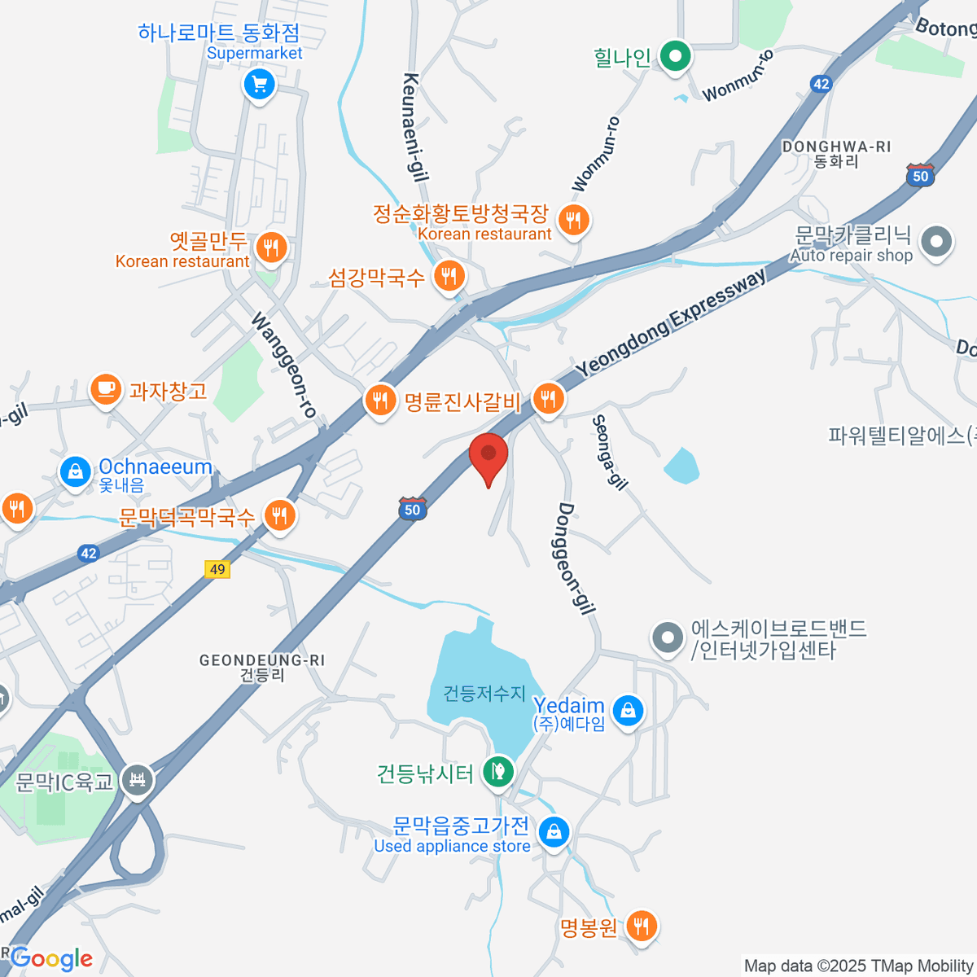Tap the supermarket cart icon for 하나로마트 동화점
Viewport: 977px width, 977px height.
pos(260,84)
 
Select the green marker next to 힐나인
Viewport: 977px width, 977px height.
pos(675,57)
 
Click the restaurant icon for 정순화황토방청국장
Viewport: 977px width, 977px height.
pos(574,220)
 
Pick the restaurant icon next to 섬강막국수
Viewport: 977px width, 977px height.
pos(449,276)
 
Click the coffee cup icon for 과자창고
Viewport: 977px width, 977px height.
pos(106,390)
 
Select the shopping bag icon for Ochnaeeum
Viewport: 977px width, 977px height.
pos(76,471)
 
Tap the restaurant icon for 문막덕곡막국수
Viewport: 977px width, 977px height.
pos(279,515)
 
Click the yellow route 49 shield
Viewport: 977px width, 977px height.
pos(217,569)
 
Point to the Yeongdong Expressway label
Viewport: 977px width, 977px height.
pos(671,323)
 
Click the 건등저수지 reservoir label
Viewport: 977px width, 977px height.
pos(484,694)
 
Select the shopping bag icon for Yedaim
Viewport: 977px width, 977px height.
pos(628,712)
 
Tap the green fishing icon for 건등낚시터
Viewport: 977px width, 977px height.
pos(497,770)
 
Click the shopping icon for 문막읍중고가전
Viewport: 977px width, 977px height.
pos(554,832)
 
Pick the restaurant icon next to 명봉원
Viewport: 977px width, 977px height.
pos(642,926)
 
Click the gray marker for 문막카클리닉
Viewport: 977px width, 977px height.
pos(936,242)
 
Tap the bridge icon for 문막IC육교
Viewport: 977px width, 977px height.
pos(137,781)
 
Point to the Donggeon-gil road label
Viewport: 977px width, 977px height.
pos(577,559)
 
